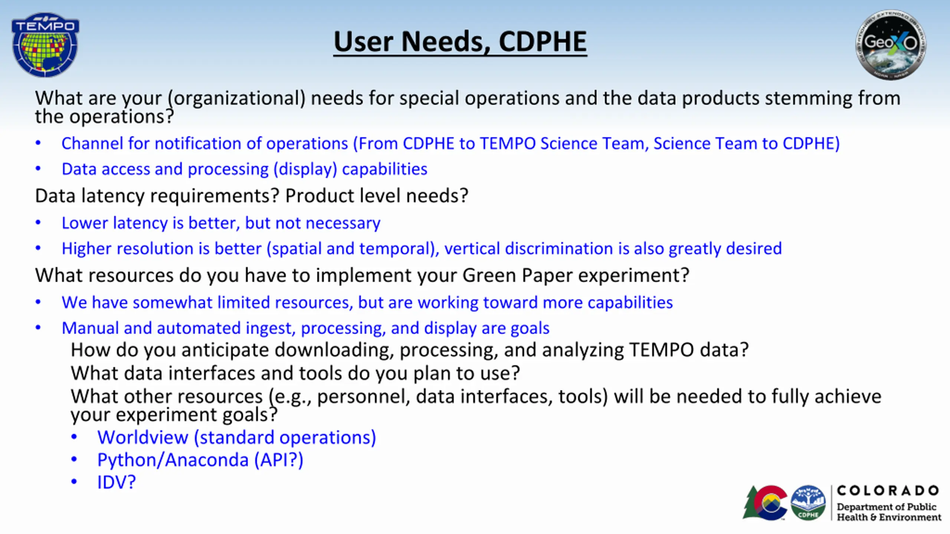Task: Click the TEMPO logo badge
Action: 45,45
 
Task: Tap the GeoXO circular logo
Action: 891,45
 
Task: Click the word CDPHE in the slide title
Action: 543,42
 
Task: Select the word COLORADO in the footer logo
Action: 888,491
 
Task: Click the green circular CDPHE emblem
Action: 808,503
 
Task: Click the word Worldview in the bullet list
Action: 143,438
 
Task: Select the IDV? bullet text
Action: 117,482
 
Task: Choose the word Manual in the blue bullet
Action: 90,328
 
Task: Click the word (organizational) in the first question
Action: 236,98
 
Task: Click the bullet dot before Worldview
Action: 74,437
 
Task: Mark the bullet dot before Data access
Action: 38,169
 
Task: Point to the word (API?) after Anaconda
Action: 279,460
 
